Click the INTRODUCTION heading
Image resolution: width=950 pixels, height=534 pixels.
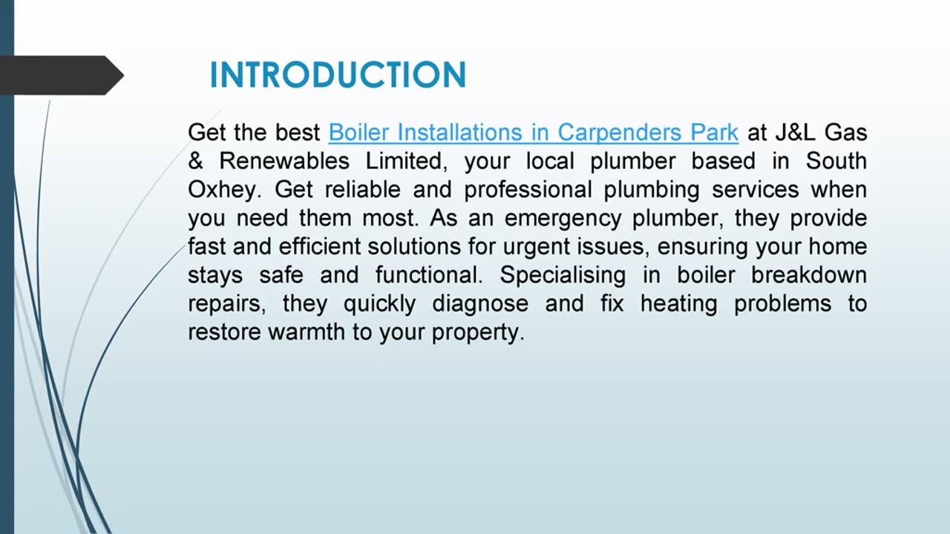coord(338,75)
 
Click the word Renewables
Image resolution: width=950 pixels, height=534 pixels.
coord(284,161)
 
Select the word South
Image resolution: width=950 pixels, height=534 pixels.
coord(836,161)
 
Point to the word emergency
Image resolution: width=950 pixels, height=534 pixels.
coord(565,219)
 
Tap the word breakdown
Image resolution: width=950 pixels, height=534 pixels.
coord(809,275)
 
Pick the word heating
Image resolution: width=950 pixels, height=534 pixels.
coord(679,304)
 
